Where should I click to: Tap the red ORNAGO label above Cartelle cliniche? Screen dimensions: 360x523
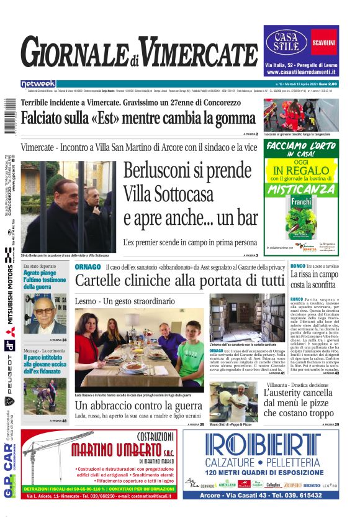[x=88, y=266]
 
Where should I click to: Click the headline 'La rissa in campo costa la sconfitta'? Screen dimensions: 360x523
[x=313, y=280]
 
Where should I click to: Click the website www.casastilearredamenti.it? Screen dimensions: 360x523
[x=300, y=73]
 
